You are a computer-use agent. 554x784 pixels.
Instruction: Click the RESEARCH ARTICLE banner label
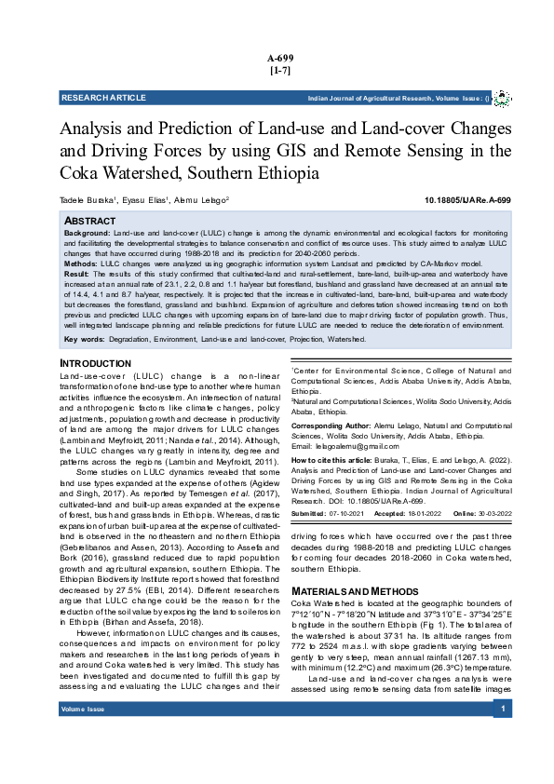pyautogui.click(x=97, y=98)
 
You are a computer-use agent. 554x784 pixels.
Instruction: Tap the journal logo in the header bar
pyautogui.click(x=500, y=98)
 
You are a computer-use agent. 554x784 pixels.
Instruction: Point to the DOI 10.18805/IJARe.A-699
pyautogui.click(x=466, y=200)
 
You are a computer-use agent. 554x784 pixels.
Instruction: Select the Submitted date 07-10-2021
pyautogui.click(x=348, y=513)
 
